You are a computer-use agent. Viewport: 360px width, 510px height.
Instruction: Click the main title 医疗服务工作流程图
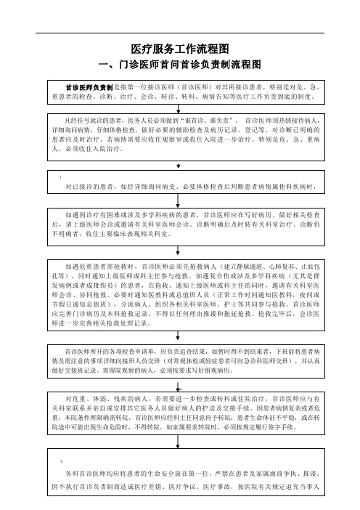click(180, 49)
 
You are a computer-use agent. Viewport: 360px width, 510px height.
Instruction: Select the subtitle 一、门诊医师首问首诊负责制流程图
click(180, 65)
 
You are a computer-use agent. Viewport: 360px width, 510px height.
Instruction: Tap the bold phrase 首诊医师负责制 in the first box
click(89, 87)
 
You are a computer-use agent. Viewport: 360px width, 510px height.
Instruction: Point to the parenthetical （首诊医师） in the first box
click(189, 87)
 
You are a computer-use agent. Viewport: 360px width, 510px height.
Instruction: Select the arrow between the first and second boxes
click(178, 109)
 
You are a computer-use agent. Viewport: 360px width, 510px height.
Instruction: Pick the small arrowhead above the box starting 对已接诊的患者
click(178, 166)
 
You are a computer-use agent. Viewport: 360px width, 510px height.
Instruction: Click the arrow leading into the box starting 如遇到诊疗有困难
click(178, 201)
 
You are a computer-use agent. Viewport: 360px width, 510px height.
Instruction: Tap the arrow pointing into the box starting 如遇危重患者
click(178, 251)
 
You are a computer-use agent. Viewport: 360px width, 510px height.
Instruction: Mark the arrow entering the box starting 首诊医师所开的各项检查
click(178, 336)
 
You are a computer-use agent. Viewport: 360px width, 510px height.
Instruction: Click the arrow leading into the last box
click(178, 442)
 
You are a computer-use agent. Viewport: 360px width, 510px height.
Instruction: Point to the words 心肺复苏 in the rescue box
click(282, 267)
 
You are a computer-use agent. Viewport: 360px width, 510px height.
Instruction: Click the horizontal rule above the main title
click(180, 33)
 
